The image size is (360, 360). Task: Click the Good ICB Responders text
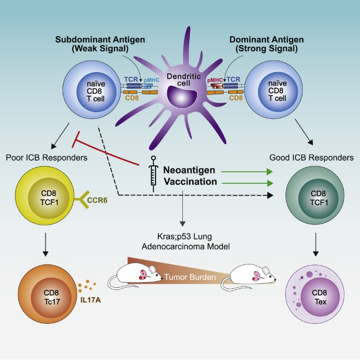[x=316, y=158]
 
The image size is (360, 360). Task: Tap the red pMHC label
[x=217, y=80]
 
